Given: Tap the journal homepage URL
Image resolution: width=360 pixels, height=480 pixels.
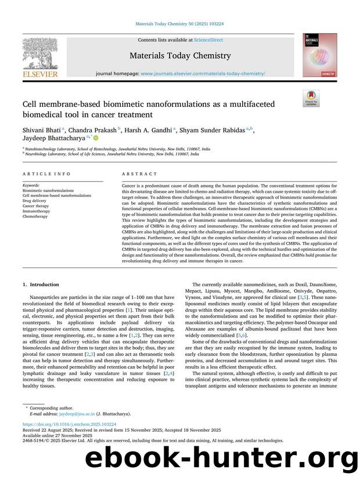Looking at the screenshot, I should click(x=203, y=74).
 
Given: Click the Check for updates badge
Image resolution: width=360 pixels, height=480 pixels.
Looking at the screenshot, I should click(x=311, y=98).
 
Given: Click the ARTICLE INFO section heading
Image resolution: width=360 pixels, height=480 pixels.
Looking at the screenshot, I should click(x=39, y=174).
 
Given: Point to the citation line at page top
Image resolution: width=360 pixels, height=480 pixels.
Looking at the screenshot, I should click(x=180, y=23).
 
